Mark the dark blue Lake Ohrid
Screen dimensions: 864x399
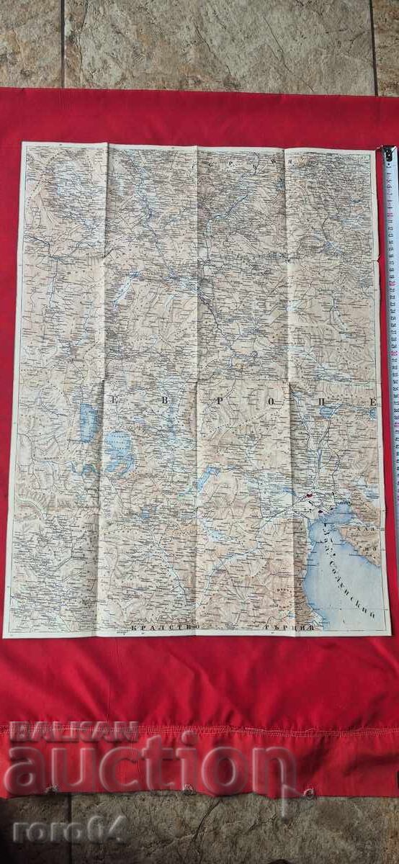tap(87, 423)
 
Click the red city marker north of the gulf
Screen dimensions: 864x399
tap(308, 495)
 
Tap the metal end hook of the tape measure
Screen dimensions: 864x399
tap(388, 153)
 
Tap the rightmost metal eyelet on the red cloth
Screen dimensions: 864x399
tap(309, 793)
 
